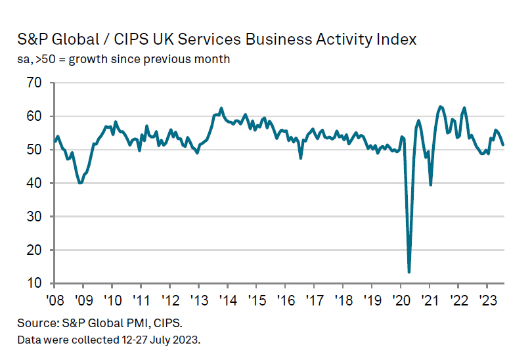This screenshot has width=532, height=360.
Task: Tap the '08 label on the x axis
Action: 54,299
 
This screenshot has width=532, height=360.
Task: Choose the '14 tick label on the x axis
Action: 227,299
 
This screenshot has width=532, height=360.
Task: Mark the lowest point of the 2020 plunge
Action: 409,271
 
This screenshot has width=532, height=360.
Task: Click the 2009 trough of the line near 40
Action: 80,183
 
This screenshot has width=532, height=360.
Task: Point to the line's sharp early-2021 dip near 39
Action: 430,185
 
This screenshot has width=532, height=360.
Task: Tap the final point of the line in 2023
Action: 503,145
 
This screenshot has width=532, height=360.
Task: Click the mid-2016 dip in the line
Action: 301,158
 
